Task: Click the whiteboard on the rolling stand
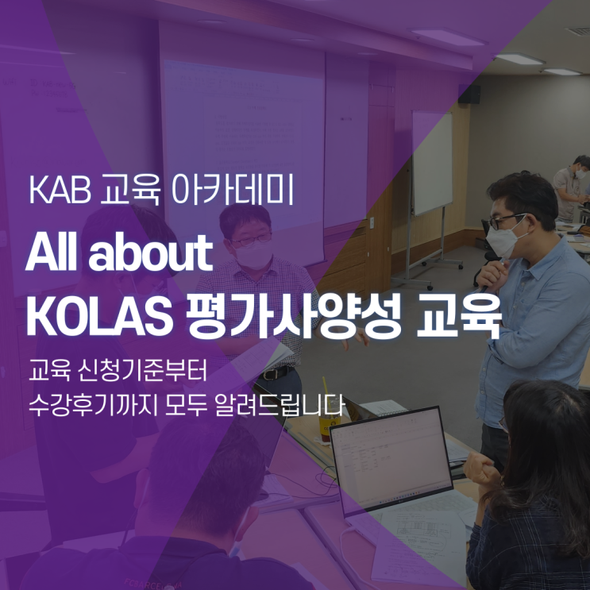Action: [x=432, y=162]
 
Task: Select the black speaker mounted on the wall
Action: [x=470, y=94]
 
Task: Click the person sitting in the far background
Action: [x=574, y=187]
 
